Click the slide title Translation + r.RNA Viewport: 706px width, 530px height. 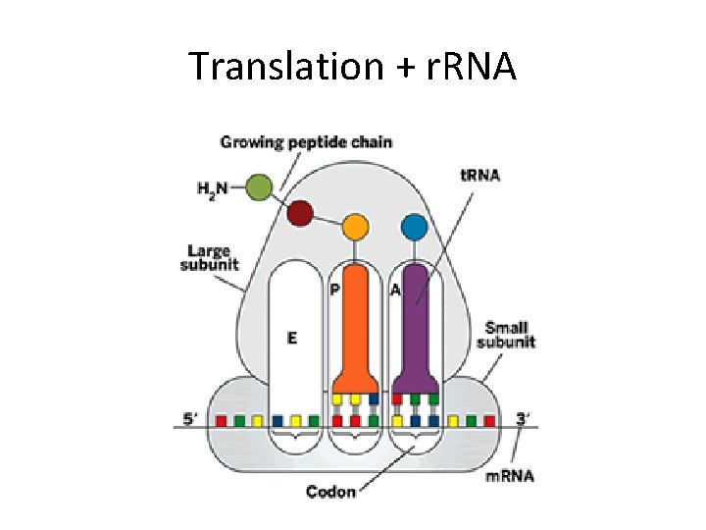tap(352, 66)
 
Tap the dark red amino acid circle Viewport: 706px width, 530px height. tap(300, 212)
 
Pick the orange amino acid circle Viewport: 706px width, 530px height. tap(356, 228)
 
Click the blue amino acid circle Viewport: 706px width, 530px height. tap(414, 228)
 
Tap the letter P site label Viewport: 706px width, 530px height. tap(334, 290)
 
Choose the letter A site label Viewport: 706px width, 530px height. tap(395, 290)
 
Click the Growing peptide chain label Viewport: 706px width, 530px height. tap(306, 142)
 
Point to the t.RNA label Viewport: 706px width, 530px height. tap(480, 176)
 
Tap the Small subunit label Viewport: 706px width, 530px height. tap(506, 335)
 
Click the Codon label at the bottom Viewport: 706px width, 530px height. tap(330, 491)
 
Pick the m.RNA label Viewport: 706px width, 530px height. tap(510, 477)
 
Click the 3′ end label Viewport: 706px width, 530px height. tap(523, 419)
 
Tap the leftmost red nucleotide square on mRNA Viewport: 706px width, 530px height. tap(222, 421)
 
